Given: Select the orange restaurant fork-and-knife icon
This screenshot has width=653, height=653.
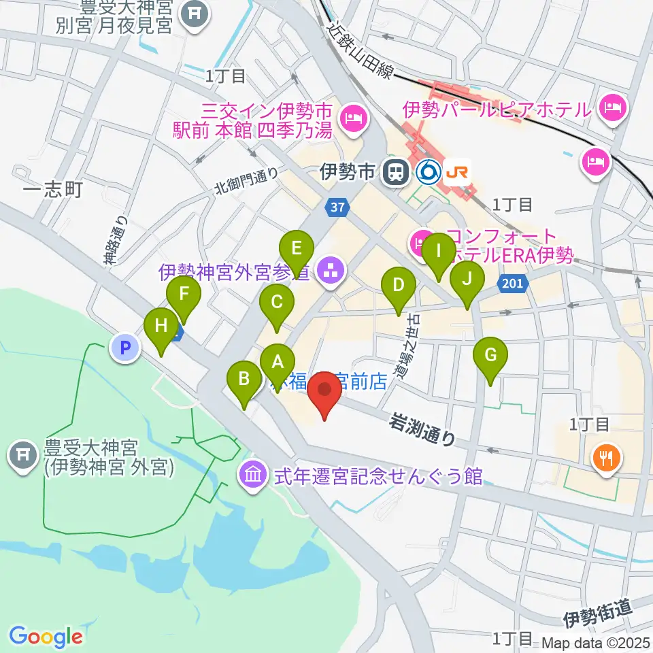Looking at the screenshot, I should (605, 456).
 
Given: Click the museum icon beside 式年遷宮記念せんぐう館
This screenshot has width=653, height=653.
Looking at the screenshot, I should (252, 475).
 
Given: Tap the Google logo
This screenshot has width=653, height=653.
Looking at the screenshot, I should (46, 637).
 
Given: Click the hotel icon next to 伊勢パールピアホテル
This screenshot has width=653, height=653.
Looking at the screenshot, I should (614, 107).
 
